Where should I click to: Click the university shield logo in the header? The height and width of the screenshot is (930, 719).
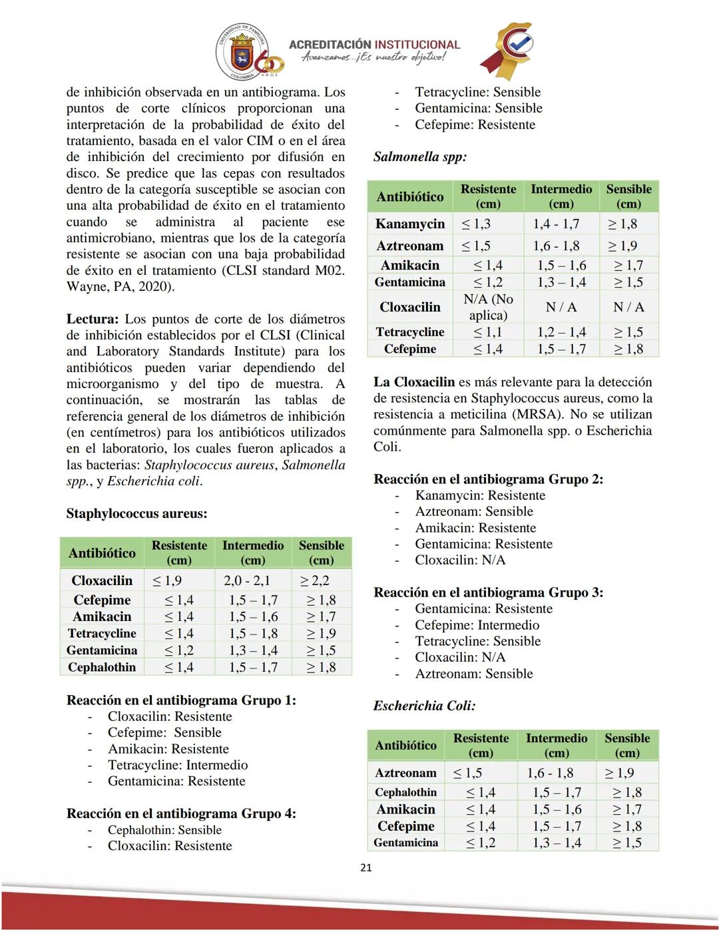point(241,53)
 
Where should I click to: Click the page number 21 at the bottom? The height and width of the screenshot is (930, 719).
point(365,867)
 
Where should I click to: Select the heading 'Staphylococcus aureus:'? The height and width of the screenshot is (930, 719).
point(136,513)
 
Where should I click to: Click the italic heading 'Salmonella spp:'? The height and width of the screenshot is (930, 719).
point(420,157)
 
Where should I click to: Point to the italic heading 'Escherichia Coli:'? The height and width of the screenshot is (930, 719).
point(424,706)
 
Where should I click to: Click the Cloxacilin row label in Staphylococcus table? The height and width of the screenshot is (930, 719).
point(102,581)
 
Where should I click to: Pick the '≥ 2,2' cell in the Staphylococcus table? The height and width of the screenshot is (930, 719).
point(315,581)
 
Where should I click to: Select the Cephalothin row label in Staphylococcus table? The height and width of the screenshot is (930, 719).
point(102,667)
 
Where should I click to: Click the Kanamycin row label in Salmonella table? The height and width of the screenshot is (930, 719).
point(409,224)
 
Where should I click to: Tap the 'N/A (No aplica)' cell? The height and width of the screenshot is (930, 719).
point(488,307)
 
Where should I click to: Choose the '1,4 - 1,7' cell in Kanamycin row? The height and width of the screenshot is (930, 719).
point(556,224)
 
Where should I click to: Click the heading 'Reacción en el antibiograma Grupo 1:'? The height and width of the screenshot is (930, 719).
point(181,700)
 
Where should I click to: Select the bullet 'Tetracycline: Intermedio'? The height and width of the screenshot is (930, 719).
point(178,765)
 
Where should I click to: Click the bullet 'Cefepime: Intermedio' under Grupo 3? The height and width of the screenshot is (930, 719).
point(477,624)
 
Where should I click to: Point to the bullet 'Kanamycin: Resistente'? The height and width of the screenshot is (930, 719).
point(480,495)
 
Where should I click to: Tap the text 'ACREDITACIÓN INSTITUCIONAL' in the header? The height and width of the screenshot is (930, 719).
point(374,45)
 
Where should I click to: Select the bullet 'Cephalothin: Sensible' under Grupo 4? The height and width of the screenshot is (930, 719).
point(164,829)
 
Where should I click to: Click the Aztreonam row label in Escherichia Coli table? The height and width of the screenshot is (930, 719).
point(405,773)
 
